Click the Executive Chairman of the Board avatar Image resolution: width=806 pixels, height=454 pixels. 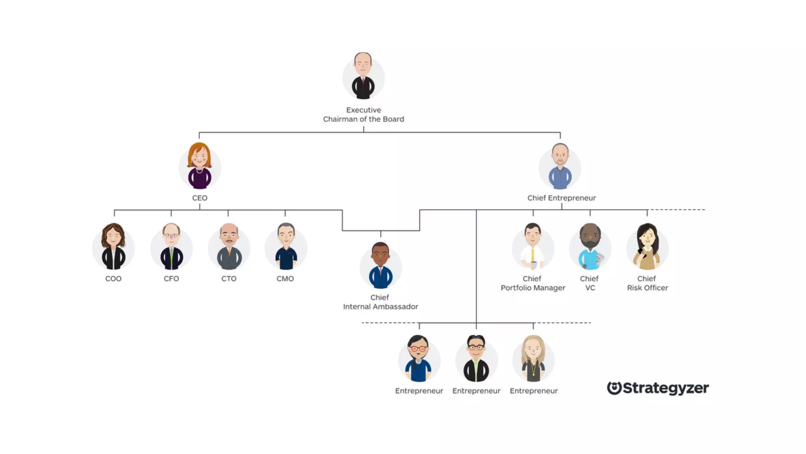pyautogui.click(x=363, y=77)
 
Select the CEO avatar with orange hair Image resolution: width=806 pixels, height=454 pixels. pyautogui.click(x=200, y=167)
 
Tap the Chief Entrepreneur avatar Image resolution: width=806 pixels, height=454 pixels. pyautogui.click(x=560, y=167)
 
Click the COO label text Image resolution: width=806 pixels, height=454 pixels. pyautogui.click(x=113, y=279)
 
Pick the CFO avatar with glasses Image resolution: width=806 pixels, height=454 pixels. pyautogui.click(x=172, y=247)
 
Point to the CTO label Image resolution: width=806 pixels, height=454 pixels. pyautogui.click(x=229, y=279)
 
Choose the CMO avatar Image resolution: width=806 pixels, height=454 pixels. pyautogui.click(x=286, y=247)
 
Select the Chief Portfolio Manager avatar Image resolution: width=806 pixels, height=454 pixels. pyautogui.click(x=533, y=247)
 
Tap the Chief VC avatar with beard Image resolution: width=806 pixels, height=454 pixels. pyautogui.click(x=590, y=247)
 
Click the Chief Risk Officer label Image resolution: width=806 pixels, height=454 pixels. pyautogui.click(x=647, y=283)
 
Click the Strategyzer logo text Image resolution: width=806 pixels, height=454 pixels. pyautogui.click(x=666, y=388)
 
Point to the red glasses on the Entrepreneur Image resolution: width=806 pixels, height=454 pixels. pyautogui.click(x=418, y=349)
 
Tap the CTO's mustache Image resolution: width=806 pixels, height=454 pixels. pyautogui.click(x=229, y=241)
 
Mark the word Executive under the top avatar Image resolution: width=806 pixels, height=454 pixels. pyautogui.click(x=363, y=110)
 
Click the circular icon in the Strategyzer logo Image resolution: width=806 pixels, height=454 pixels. pyautogui.click(x=614, y=388)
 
